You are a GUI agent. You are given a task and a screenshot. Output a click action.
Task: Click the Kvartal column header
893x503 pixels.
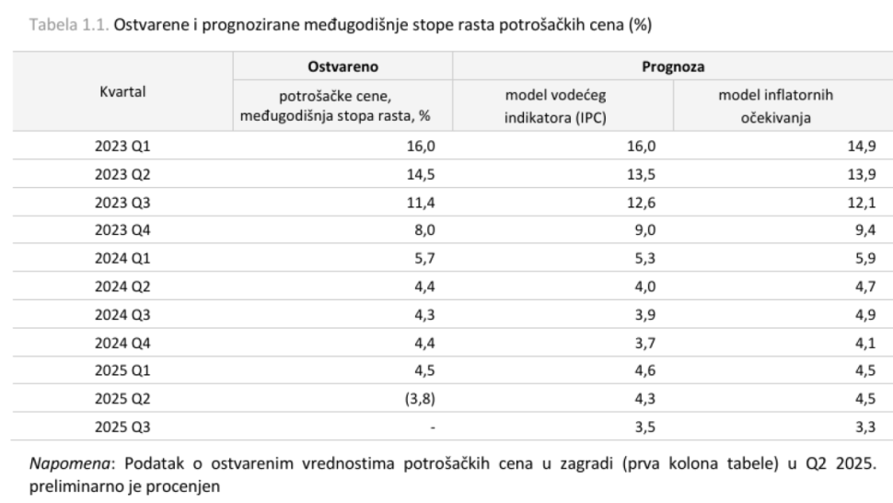point(122,92)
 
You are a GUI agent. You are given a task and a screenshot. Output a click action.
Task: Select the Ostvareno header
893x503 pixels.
point(342,66)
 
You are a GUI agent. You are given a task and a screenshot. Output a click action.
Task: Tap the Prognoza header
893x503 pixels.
point(673,66)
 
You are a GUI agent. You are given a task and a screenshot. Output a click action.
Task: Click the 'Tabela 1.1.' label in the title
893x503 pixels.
point(69,25)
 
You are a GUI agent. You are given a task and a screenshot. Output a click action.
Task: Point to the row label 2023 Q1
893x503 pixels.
point(122,146)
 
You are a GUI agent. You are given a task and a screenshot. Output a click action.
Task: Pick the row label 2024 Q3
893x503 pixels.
point(122,315)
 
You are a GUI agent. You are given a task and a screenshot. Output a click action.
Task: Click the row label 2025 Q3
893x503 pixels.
point(122,427)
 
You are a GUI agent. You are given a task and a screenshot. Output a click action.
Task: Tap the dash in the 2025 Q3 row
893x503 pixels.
point(433,427)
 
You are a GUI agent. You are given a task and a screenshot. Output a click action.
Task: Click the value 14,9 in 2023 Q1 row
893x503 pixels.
point(862,146)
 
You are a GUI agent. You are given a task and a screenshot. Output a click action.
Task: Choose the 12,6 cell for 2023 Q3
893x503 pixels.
point(642,203)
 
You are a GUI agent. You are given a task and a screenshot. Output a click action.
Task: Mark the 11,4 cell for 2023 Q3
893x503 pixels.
point(421,203)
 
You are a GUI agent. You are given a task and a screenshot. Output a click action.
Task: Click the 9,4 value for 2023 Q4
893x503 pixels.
point(865,230)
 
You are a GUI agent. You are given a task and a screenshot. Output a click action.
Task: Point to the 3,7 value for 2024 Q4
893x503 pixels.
point(645,343)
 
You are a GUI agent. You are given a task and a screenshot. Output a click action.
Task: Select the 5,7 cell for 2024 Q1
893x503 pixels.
point(424,259)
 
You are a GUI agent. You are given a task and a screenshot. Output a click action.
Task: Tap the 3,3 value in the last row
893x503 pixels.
point(865,427)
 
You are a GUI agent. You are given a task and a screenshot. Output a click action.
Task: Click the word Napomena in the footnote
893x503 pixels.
point(69,463)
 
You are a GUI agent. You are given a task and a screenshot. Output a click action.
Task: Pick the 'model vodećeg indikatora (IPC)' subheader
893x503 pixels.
point(555,107)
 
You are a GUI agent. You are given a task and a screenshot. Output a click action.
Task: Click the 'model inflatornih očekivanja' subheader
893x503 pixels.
point(776,107)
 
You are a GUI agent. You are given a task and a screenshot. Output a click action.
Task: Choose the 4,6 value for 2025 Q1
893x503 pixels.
point(645,371)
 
